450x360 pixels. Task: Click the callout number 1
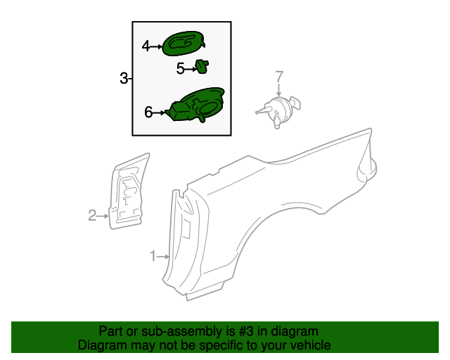(153, 256)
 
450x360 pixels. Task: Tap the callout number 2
(92, 216)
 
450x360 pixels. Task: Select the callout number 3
(124, 78)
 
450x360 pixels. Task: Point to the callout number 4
(146, 46)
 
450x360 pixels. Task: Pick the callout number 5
(180, 68)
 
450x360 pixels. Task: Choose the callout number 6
(148, 112)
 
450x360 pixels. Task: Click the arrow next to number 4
(157, 46)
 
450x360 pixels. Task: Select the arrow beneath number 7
(278, 89)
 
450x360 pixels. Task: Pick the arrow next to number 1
(164, 256)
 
